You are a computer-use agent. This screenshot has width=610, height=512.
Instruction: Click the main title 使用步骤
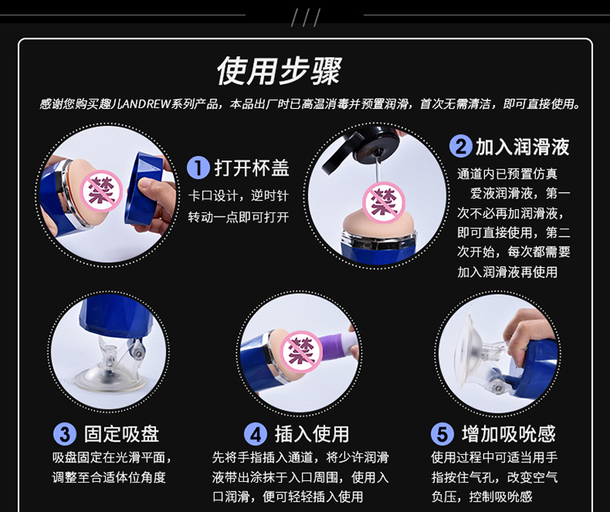tap(279, 71)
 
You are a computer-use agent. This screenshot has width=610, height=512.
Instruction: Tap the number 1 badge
tap(198, 168)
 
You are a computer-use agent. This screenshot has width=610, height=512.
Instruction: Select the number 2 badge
tap(461, 147)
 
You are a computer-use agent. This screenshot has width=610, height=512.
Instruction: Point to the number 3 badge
tap(64, 434)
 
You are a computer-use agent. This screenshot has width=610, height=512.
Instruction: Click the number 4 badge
tap(255, 434)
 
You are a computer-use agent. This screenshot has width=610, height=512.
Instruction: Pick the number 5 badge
tap(442, 434)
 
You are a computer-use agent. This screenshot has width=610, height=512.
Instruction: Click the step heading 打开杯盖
tap(251, 168)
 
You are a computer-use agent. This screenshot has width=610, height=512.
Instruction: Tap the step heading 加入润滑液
tap(522, 147)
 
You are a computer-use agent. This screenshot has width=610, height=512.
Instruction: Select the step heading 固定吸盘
tap(122, 434)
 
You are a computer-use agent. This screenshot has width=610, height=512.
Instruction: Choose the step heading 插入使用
tap(312, 434)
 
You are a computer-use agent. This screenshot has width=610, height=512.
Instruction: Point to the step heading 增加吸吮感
tap(508, 434)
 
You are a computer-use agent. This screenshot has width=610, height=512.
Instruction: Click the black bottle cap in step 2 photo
tap(360, 148)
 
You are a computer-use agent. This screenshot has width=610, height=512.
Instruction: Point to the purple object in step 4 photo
tap(336, 346)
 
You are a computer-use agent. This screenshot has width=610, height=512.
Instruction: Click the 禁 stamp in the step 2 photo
tap(384, 203)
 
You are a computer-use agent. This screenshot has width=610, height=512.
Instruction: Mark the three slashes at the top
tap(305, 18)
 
